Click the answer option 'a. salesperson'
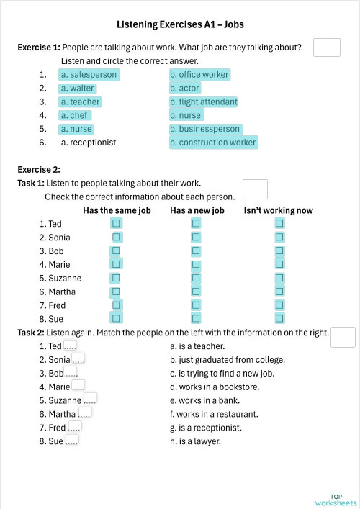89,74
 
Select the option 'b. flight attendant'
203,102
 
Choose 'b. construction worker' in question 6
212,143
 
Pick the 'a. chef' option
74,115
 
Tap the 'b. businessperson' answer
205,129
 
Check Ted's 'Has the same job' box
116,224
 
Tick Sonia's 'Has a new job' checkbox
195,238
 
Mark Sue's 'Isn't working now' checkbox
280,318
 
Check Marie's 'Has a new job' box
195,264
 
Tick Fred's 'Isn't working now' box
280,305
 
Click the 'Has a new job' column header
197,210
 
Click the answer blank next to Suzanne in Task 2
90,400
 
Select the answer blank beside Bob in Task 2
71,373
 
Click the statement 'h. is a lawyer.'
195,441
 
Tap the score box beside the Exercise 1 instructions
327,48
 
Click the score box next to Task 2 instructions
343,337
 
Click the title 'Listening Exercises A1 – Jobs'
180,24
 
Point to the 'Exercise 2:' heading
39,170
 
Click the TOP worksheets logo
336,500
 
